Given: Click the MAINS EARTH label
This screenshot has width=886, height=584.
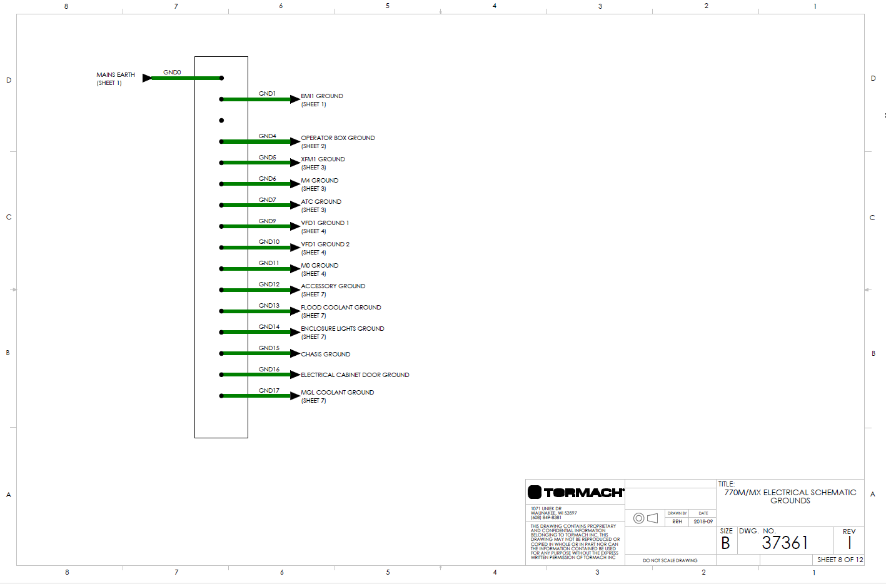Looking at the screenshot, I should point(116,75).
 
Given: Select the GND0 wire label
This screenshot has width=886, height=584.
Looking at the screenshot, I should point(172,73).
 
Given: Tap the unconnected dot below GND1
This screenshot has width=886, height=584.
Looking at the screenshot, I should point(221,120).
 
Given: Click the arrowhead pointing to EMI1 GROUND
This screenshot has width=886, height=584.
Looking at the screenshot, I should point(295,99).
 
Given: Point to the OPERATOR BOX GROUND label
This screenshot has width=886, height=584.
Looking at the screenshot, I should point(338,138).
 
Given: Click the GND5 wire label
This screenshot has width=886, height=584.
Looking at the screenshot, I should point(267,158).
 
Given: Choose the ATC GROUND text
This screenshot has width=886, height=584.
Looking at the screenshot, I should point(321,202).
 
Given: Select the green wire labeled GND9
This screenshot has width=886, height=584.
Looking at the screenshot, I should point(256,226).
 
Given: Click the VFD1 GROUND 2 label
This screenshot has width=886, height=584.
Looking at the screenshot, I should point(325,244).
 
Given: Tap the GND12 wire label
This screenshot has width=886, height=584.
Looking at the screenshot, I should point(269,284).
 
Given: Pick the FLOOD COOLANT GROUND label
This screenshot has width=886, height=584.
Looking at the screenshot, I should point(341,308).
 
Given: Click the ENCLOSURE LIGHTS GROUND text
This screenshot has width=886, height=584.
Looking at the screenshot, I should point(342,329).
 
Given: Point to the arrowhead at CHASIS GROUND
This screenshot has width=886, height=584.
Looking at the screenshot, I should point(295,353).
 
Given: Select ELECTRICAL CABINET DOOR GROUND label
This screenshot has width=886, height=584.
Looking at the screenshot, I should point(355,375).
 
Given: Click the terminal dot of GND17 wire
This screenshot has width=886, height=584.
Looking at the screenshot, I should point(221,396).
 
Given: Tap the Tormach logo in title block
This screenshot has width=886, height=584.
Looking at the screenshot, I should point(575,493).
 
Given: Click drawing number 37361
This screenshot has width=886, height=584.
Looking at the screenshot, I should point(785,543).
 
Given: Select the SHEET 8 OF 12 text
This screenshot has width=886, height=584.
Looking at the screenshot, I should point(840,560).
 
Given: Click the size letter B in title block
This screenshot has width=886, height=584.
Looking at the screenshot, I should point(725,543).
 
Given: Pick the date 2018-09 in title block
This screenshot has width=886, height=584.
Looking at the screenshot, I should point(703,521).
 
